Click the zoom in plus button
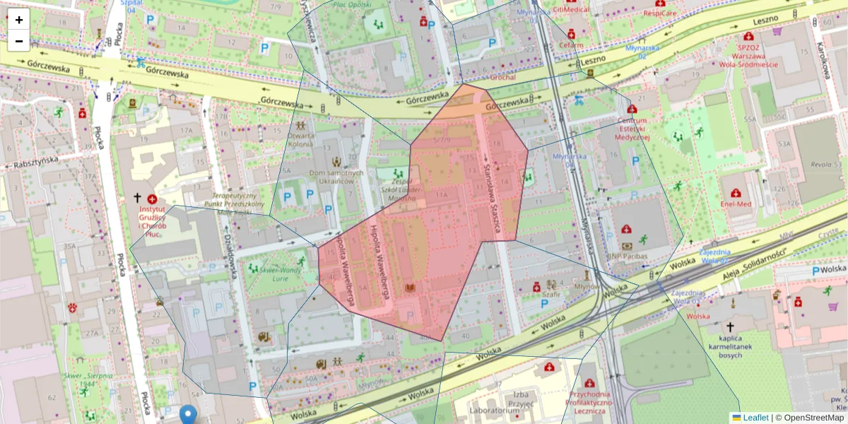click(x=19, y=20)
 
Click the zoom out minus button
click(x=19, y=41)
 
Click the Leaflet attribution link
click(x=755, y=418)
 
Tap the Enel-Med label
click(x=736, y=204)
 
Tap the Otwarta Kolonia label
click(x=300, y=139)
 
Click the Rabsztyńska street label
click(x=34, y=163)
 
